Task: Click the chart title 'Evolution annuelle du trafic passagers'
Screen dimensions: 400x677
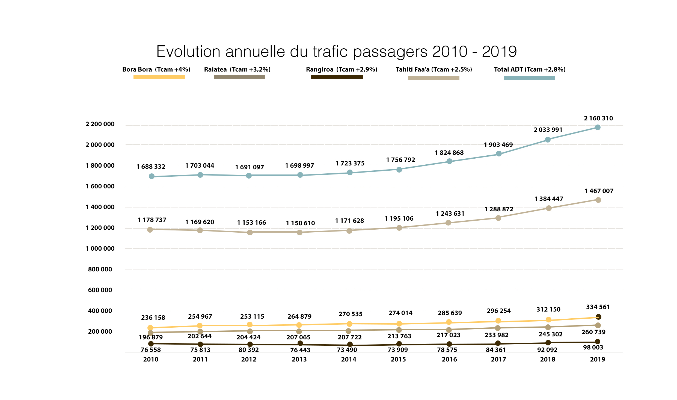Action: click(x=336, y=51)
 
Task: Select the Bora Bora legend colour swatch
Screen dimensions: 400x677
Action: click(x=159, y=77)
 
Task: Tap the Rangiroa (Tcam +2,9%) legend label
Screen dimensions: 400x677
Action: click(x=342, y=69)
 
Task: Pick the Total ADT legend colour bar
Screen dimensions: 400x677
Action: click(x=529, y=78)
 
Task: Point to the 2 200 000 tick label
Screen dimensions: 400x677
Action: click(x=100, y=124)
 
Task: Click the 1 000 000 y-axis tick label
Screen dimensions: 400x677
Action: click(x=100, y=249)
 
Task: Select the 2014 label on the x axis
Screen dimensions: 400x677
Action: click(x=349, y=359)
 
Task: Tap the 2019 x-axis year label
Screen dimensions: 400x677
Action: click(x=598, y=359)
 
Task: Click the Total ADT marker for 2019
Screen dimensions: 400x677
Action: click(x=598, y=128)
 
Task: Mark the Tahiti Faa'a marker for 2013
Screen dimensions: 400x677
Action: click(x=299, y=232)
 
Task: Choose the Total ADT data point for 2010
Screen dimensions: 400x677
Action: click(x=152, y=176)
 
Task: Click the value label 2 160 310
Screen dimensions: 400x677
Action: click(x=598, y=118)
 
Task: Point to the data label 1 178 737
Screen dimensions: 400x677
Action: click(x=152, y=220)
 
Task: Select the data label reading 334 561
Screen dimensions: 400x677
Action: click(x=598, y=307)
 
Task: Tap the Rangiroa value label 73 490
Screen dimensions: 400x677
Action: click(x=347, y=350)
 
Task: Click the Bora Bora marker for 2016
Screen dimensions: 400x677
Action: click(x=449, y=322)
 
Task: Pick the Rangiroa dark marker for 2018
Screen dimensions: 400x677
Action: click(x=548, y=343)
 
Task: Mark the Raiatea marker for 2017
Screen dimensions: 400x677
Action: click(x=498, y=328)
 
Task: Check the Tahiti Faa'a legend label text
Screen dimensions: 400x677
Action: click(x=434, y=69)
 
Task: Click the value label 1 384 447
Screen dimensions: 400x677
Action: click(x=549, y=199)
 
